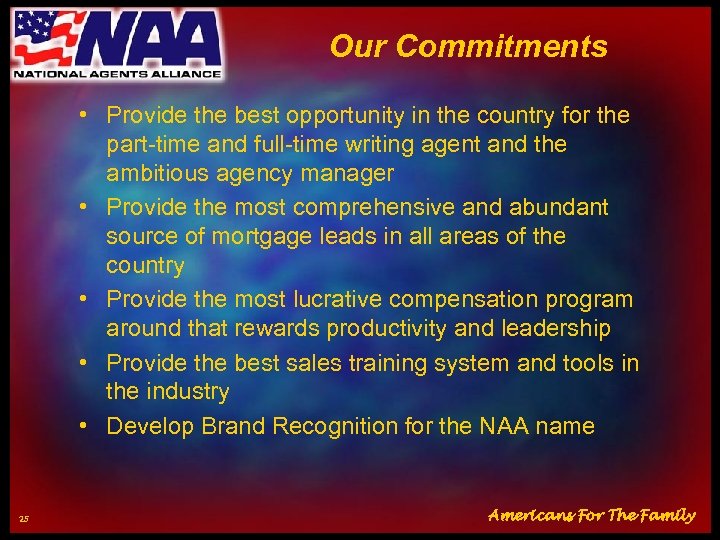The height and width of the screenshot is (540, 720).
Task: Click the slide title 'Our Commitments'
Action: click(468, 46)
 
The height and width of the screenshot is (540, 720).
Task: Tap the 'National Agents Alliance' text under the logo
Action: click(117, 73)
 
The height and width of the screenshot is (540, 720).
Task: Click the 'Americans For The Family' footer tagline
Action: click(591, 516)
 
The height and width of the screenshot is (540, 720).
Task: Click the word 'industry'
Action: click(187, 392)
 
